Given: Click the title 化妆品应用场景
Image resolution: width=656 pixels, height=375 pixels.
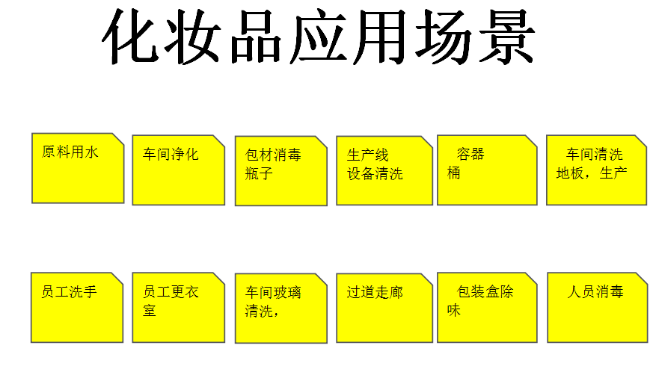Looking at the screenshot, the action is pos(319,37).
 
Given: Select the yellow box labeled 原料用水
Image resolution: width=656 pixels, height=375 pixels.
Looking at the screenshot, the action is pos(78,168).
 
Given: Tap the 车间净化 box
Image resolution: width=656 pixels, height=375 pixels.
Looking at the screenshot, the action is pos(179,170).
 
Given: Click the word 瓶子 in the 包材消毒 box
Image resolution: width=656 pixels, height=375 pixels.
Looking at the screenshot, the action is pos(259,173).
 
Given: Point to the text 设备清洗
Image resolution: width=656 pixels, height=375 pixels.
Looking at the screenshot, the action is pos(375,173).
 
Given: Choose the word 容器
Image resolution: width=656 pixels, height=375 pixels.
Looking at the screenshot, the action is pos(470,154).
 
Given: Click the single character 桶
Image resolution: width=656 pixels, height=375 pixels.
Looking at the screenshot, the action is pos(454,173).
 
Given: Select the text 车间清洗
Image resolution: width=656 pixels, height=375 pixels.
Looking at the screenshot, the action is pos(595,154).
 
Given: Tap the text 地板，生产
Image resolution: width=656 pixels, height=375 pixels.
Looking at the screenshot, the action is pos(592,173).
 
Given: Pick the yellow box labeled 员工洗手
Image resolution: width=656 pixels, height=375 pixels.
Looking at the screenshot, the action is pos(77,308).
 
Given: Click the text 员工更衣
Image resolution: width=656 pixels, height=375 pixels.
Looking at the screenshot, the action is pos(171,291).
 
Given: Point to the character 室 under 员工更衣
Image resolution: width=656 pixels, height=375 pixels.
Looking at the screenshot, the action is pos(150,310).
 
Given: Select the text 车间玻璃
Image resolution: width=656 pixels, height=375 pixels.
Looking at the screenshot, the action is pos(273,292).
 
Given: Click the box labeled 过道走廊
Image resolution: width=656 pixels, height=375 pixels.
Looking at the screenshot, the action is pos(384,309).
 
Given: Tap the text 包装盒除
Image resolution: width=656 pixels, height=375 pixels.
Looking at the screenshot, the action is pos(485,291).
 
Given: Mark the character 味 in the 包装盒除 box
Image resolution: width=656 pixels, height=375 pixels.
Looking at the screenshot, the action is pos(454,310).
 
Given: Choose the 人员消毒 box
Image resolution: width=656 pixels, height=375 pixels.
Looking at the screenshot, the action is pos(598,308).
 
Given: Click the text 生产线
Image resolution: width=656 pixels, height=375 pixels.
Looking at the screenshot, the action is pos(368,155).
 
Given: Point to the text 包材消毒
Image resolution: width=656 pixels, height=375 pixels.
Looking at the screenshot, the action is pos(273,155).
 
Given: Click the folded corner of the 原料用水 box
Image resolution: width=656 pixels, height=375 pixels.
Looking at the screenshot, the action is pos(118,139).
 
